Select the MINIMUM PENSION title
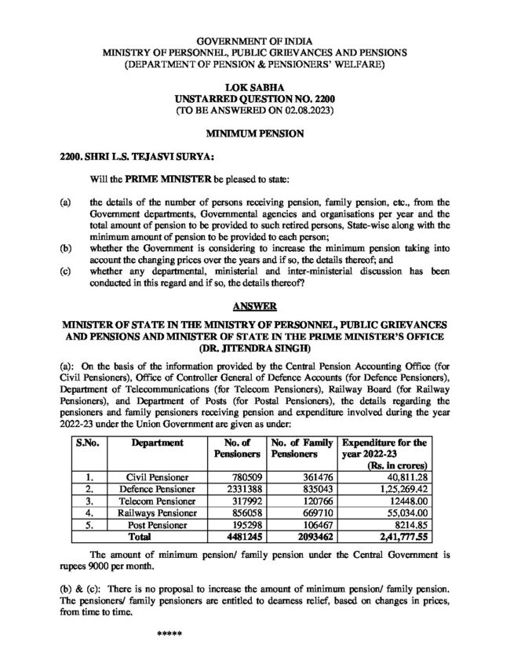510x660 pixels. pos(254,135)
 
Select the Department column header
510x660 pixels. pos(158,443)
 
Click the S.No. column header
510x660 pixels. pos(88,443)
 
